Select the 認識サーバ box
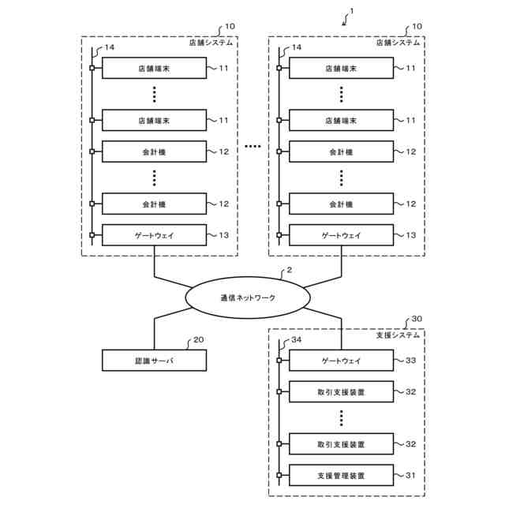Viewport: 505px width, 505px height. [155, 361]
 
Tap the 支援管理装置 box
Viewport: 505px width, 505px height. [341, 475]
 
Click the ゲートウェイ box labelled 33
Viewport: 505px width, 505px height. [341, 361]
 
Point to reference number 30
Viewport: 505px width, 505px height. [417, 319]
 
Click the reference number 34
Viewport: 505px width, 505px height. [297, 340]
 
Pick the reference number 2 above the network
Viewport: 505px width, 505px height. [289, 270]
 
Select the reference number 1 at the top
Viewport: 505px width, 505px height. [352, 11]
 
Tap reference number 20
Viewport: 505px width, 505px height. [198, 340]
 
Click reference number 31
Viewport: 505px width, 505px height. [410, 475]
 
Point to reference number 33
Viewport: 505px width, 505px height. [410, 361]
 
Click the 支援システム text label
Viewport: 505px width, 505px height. [398, 335]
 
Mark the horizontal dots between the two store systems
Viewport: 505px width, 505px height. [252, 147]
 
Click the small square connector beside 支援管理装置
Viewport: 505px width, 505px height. [279, 475]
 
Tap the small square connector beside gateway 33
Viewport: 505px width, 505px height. [279, 361]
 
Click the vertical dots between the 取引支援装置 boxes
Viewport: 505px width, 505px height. [342, 418]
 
